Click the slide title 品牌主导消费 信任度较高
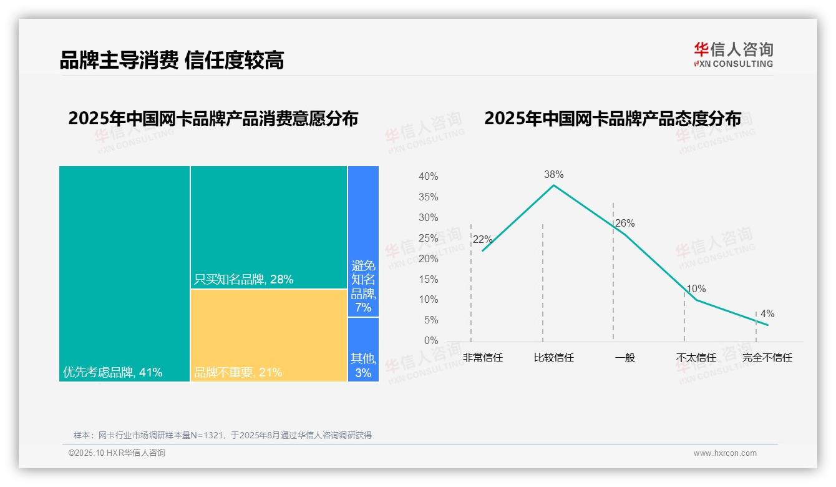pyautogui.click(x=172, y=60)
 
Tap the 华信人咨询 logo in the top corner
pyautogui.click(x=733, y=54)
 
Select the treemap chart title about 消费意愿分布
pyautogui.click(x=213, y=119)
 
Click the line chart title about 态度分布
pyautogui.click(x=612, y=119)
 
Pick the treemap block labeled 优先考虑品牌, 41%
pyautogui.click(x=124, y=273)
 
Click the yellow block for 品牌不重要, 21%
pyautogui.click(x=268, y=335)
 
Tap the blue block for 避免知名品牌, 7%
pyautogui.click(x=363, y=241)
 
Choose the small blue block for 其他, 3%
pyautogui.click(x=363, y=350)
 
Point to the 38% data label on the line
pyautogui.click(x=553, y=174)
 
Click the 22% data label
pyautogui.click(x=482, y=240)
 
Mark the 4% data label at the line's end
pyautogui.click(x=767, y=314)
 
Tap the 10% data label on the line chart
pyautogui.click(x=696, y=289)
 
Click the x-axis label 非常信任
pyautogui.click(x=482, y=358)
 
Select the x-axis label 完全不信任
pyautogui.click(x=767, y=358)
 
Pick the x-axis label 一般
pyautogui.click(x=625, y=358)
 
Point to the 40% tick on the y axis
pyautogui.click(x=428, y=177)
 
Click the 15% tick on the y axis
pyautogui.click(x=428, y=279)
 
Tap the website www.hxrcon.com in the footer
pyautogui.click(x=725, y=453)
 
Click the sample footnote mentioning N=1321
pyautogui.click(x=223, y=435)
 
